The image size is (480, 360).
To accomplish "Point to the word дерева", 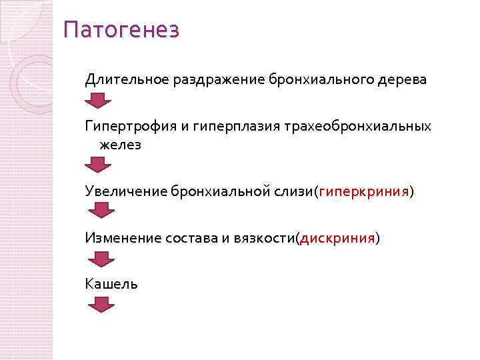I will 399,80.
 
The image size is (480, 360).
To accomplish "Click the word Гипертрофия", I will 127,126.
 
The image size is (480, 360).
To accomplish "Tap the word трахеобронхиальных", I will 357,126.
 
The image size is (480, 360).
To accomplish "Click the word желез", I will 120,145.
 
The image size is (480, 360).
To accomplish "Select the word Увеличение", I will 125,192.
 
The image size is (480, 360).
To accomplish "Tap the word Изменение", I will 123,238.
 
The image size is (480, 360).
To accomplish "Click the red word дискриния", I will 338,238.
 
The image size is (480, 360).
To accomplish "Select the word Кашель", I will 111,284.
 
